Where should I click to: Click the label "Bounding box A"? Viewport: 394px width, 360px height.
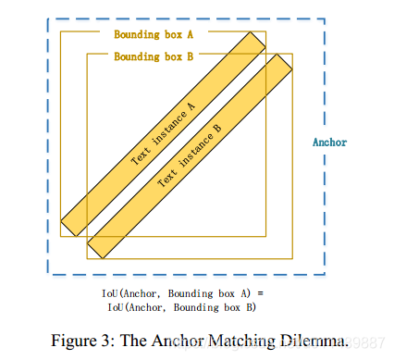(x=154, y=34)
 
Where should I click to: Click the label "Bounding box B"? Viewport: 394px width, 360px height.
(x=154, y=56)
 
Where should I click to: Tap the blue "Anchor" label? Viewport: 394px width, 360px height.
(x=329, y=143)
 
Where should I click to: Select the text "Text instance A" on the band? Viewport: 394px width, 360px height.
(x=163, y=134)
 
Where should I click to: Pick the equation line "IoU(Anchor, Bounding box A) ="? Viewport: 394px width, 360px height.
(x=182, y=294)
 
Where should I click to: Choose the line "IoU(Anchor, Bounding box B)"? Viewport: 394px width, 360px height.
(x=181, y=306)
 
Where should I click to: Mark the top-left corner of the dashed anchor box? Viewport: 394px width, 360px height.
(x=48, y=19)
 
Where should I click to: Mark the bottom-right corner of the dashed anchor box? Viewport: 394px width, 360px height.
(x=325, y=275)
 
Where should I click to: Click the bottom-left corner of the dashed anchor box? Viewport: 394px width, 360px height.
(x=48, y=275)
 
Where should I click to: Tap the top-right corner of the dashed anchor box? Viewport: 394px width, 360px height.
(x=325, y=19)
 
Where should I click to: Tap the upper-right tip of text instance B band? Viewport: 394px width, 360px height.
(x=283, y=60)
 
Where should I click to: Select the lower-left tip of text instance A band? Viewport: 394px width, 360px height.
(x=68, y=227)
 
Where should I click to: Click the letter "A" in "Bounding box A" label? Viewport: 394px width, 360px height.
(x=191, y=34)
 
